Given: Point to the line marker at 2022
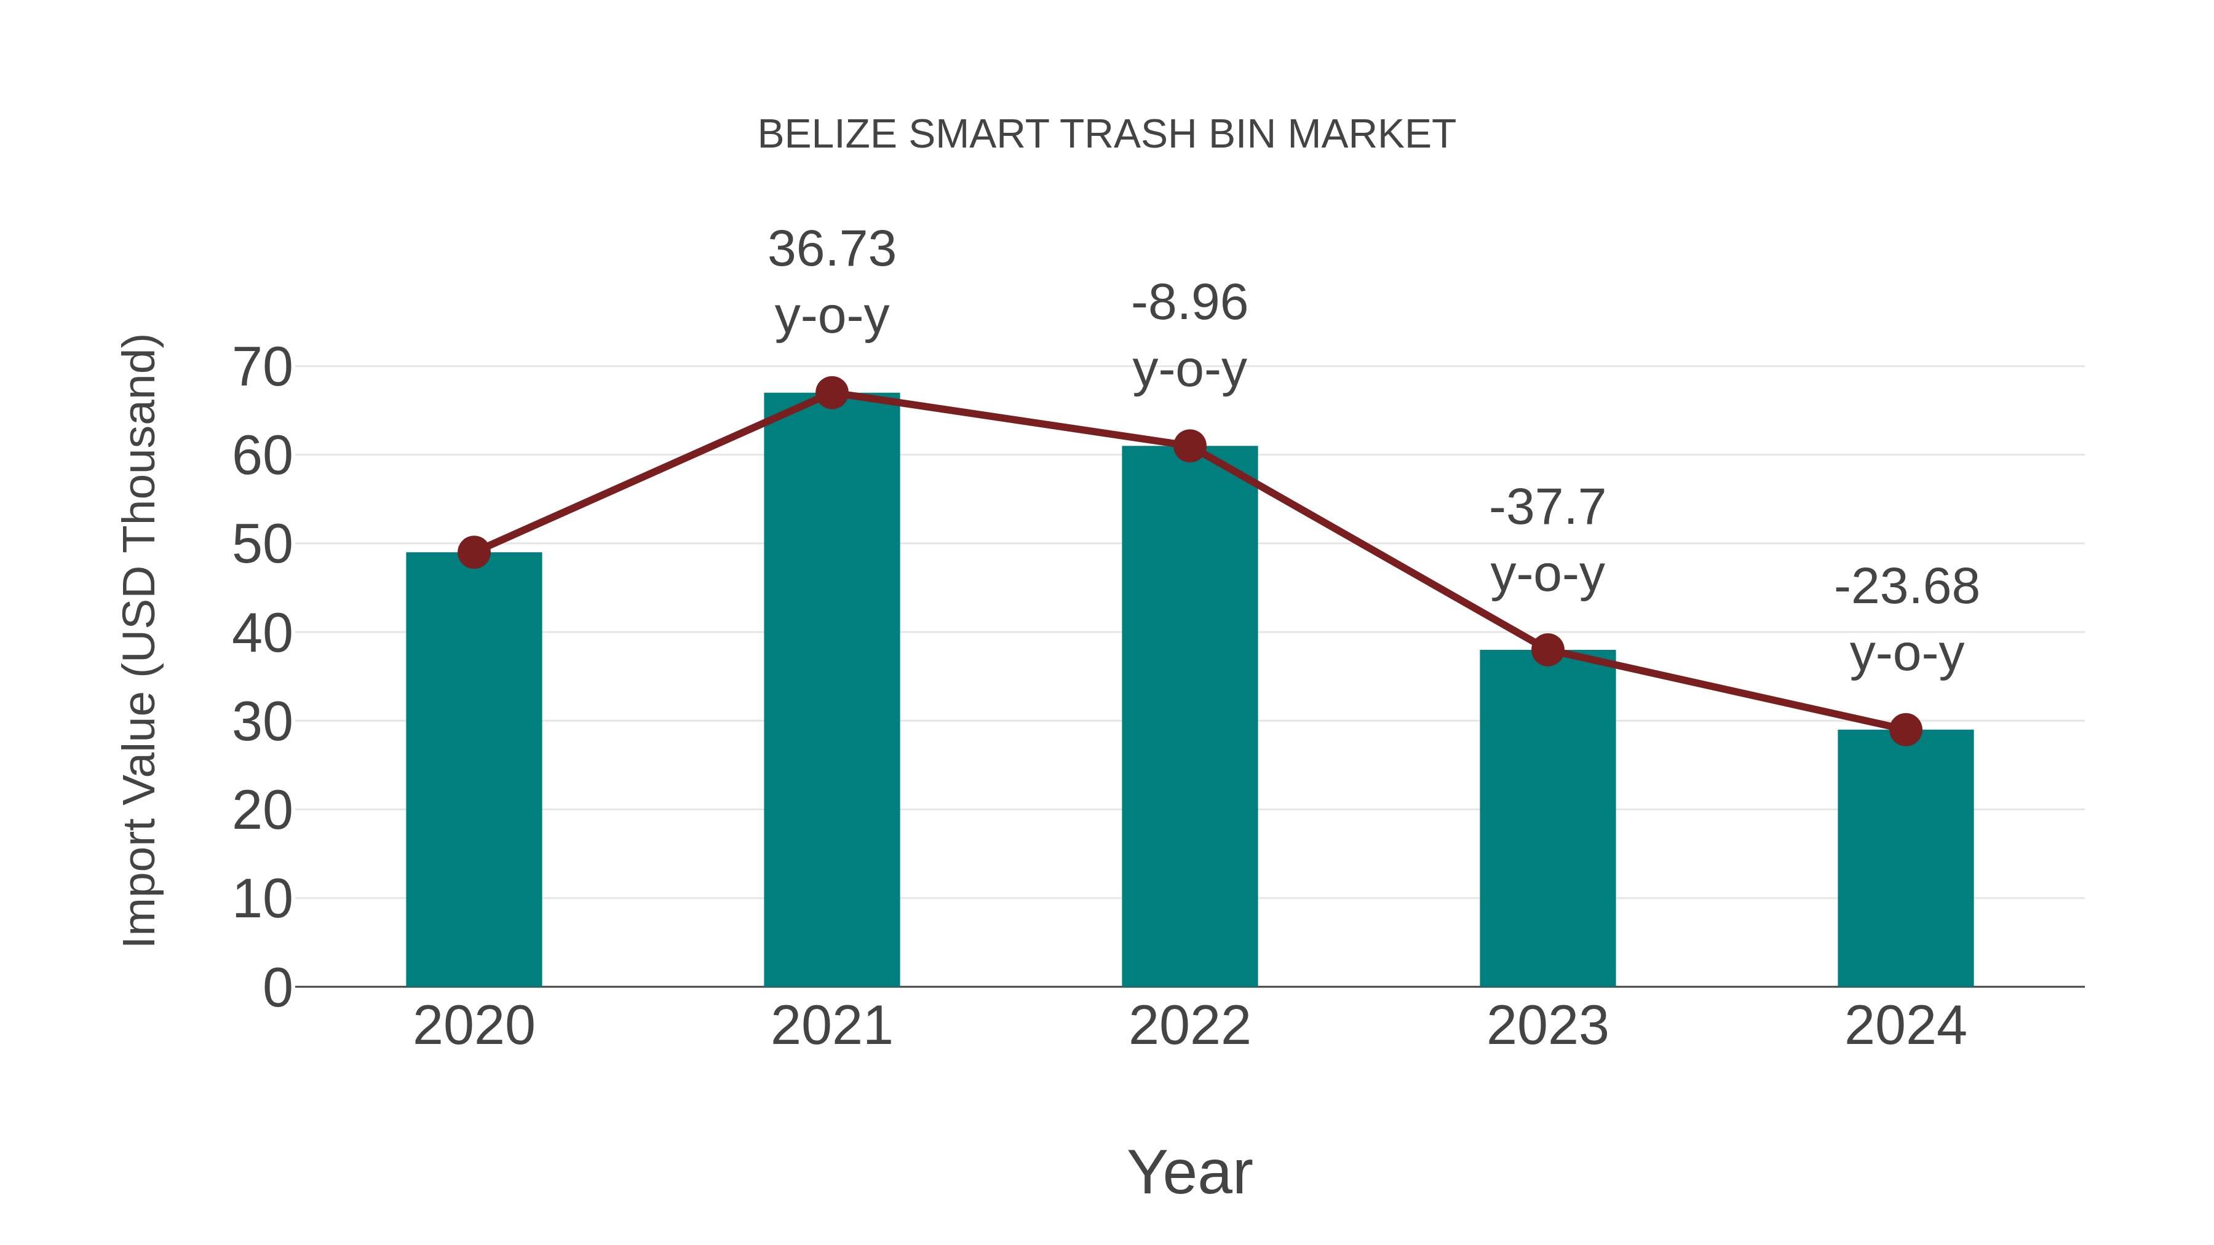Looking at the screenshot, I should point(1189,446).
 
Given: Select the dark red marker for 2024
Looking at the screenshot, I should point(1905,729).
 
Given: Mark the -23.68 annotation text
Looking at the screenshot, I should point(1906,620).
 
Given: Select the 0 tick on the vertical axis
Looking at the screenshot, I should point(277,987).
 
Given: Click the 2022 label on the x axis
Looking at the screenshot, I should point(1189,1026).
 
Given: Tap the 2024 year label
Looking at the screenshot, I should point(1905,1026).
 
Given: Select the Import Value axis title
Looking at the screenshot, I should point(139,640).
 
